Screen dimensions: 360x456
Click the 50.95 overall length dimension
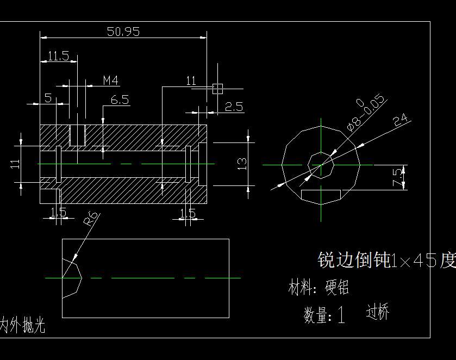tap(123, 32)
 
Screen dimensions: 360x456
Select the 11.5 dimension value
tap(58, 55)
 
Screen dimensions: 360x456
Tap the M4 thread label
tap(111, 80)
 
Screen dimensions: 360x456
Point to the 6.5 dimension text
tap(120, 100)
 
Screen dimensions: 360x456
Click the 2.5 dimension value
tap(234, 107)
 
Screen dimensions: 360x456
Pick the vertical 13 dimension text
tap(242, 163)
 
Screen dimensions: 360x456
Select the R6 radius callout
tap(91, 218)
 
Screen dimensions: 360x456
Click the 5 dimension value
tap(48, 98)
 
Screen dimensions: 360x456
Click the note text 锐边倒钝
tap(353, 260)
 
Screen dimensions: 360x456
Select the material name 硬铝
tap(337, 287)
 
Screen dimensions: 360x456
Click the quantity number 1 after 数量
tap(341, 315)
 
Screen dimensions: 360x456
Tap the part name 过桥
tap(378, 312)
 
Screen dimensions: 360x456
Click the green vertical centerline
tap(321, 207)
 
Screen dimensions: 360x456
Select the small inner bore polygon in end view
tap(321, 165)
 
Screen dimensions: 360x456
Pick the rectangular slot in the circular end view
tap(321, 194)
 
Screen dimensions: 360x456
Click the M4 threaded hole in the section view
tap(78, 134)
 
